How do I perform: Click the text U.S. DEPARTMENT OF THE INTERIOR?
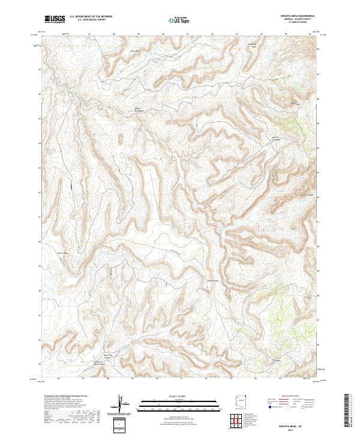95,16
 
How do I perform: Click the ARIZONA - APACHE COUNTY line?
302,19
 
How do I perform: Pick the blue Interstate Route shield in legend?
270,407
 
